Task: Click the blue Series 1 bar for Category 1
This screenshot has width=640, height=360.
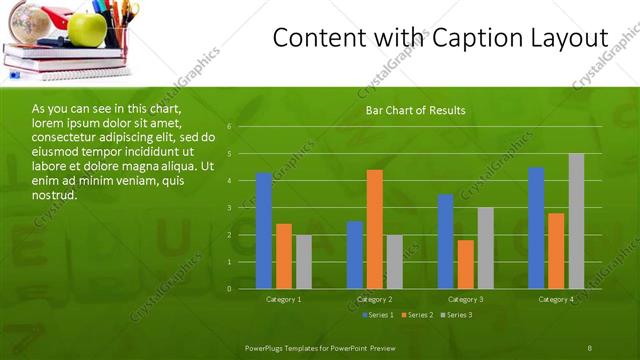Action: pyautogui.click(x=264, y=231)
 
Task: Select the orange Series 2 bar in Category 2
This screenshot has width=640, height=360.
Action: pyautogui.click(x=375, y=229)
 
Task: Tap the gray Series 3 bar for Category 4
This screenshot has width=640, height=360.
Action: pyautogui.click(x=576, y=221)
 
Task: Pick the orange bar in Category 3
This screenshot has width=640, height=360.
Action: pyautogui.click(x=465, y=264)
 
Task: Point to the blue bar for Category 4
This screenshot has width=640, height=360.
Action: pyautogui.click(x=536, y=228)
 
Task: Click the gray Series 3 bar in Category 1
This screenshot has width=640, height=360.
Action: pyautogui.click(x=304, y=262)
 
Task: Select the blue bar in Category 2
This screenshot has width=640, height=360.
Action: pyautogui.click(x=355, y=255)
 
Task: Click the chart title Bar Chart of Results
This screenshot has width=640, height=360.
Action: pyautogui.click(x=415, y=110)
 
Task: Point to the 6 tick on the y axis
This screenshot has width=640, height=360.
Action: pyautogui.click(x=229, y=127)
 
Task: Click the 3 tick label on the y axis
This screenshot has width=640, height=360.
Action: pyautogui.click(x=229, y=208)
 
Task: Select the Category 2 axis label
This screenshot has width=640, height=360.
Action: pyautogui.click(x=375, y=299)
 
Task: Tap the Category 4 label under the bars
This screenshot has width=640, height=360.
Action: pyautogui.click(x=556, y=299)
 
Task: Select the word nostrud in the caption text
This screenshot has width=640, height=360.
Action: pyautogui.click(x=55, y=194)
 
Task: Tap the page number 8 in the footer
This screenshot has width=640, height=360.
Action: pyautogui.click(x=589, y=347)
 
